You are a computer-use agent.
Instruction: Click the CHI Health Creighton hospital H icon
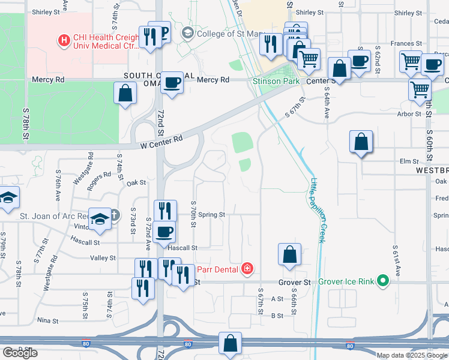point(63,41)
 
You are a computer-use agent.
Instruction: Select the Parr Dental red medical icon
point(246,268)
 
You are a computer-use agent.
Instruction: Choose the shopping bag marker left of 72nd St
point(125,93)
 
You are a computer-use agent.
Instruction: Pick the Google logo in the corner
point(20,353)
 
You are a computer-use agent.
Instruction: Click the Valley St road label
point(102,257)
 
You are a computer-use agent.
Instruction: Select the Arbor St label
point(409,113)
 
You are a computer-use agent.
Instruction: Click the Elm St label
point(408,161)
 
